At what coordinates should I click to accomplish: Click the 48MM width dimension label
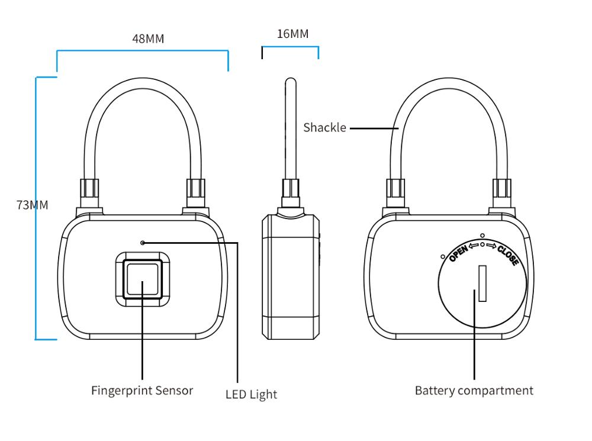pos(147,38)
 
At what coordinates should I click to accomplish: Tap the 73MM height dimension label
pos(32,205)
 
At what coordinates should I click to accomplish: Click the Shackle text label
pos(324,127)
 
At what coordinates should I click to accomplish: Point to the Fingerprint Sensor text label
pos(142,391)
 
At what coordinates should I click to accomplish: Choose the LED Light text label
pos(251,394)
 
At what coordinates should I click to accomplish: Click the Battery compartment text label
pos(474,391)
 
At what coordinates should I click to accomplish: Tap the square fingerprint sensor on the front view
pos(142,279)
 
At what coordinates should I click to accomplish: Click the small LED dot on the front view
pos(142,243)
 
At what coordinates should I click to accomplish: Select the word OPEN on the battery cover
pos(458,253)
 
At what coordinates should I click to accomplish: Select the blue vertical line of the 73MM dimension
pos(36,207)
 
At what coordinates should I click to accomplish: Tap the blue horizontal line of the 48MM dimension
pos(142,51)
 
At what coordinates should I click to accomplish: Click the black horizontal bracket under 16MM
pos(290,46)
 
